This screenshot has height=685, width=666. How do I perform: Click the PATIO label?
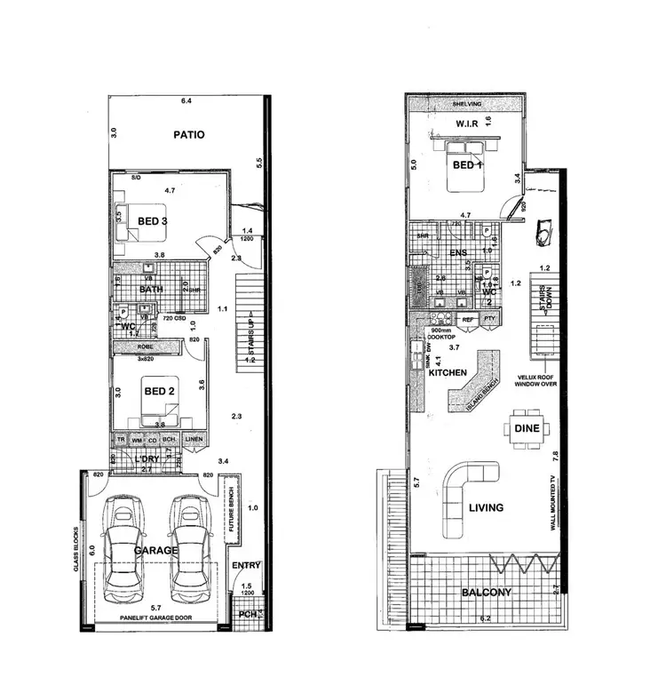[188, 135]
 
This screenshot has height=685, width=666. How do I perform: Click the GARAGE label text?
[155, 550]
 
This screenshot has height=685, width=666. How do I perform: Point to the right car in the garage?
[188, 553]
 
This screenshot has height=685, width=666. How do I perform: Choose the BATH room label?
[151, 289]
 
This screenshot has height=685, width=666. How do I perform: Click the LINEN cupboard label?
[195, 440]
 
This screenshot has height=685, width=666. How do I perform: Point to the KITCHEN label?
[448, 373]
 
